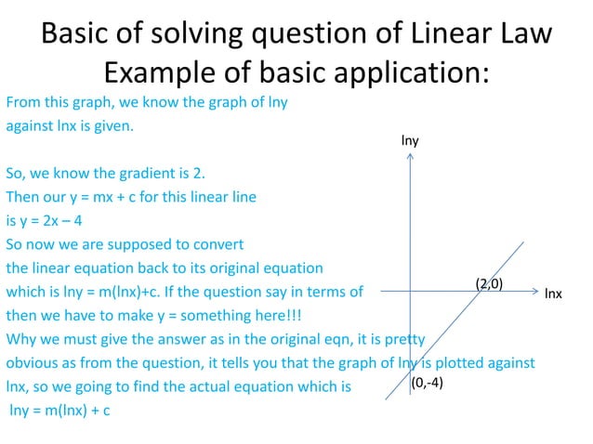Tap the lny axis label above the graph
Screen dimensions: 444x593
pos(410,140)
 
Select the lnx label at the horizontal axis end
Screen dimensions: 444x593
pos(553,294)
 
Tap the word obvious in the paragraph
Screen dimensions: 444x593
pos(34,361)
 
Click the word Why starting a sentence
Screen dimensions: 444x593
pos(20,337)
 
